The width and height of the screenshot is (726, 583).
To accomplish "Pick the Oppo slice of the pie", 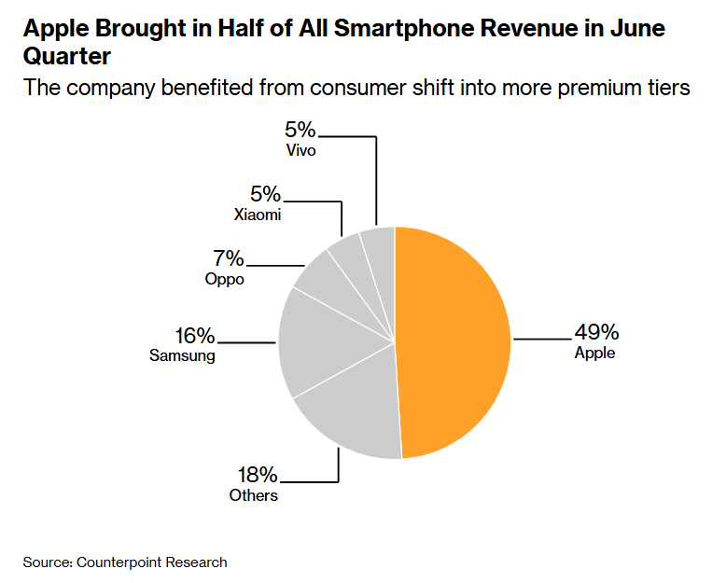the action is coord(333,287).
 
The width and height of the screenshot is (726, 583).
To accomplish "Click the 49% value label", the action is coord(596,332).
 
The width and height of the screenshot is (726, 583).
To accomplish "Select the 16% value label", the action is coord(194,336).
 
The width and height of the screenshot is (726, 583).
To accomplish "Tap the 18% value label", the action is coord(258,475).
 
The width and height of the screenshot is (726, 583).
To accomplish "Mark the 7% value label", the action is coord(229,258).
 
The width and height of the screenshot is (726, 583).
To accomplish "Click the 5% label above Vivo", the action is coord(300,130).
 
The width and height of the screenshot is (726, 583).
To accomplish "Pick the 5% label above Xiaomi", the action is coord(265,194).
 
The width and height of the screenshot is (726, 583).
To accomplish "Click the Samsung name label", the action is coord(182,355).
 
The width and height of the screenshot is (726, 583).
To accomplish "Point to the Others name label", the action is coord(253,495).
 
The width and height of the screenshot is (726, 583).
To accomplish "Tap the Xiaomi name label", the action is coord(258,215).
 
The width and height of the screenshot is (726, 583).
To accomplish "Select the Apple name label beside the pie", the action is coord(595,353).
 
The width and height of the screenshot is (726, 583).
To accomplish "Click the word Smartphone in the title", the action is coord(404,29).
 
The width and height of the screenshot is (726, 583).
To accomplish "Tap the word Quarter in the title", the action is coord(66,57).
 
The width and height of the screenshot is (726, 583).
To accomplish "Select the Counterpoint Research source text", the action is coord(152,562).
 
